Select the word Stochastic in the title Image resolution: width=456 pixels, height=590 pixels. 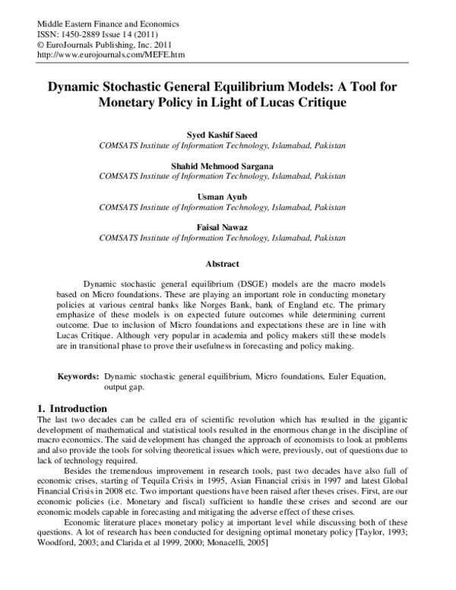174,87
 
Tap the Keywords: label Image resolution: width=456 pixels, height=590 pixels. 79,377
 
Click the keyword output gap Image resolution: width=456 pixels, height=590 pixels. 125,388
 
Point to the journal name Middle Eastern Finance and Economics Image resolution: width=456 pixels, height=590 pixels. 101,24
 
